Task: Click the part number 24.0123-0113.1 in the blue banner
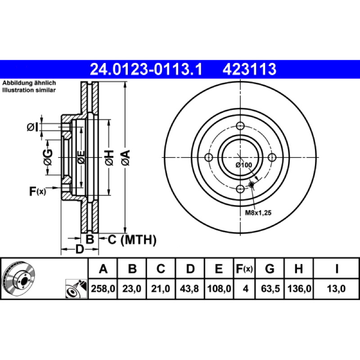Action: pos(146,69)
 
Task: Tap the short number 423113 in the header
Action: pos(249,69)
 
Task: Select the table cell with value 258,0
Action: pos(103,288)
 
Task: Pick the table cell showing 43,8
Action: pos(189,288)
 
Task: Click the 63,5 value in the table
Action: pos(270,288)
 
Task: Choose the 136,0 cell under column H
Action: pos(299,288)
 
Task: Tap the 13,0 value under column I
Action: pos(336,288)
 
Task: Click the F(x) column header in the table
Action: pos(244,269)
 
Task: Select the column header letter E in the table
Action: pos(219,269)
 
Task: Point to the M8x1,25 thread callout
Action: pos(258,213)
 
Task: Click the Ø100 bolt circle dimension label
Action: pos(244,165)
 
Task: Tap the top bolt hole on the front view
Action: pos(240,126)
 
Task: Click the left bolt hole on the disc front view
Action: pos(209,157)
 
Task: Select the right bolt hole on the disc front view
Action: pos(272,157)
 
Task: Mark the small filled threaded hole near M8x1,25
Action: pos(252,184)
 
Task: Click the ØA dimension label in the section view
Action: pos(126,157)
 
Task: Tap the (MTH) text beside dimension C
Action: pos(139,240)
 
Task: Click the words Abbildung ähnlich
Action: pos(29,83)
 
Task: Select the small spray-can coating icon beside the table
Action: pos(76,289)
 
